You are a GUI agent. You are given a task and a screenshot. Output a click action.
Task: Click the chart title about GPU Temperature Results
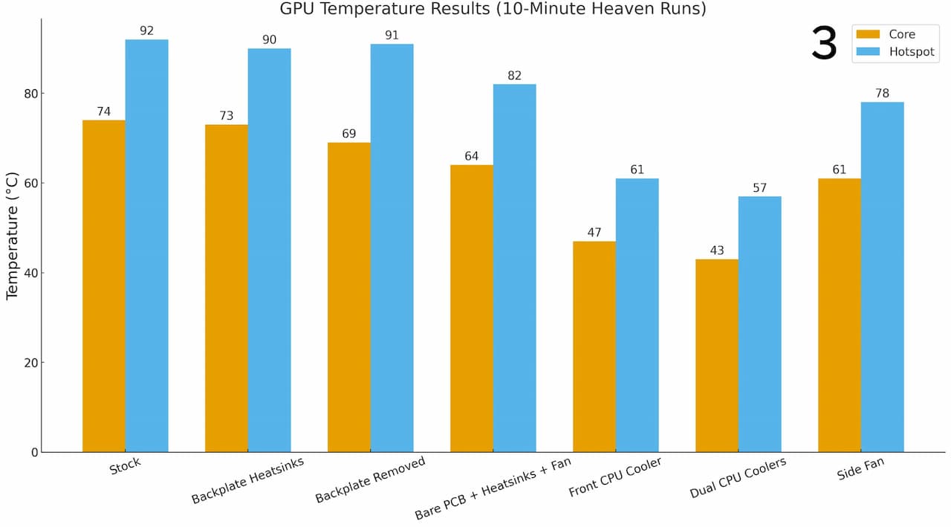click(493, 9)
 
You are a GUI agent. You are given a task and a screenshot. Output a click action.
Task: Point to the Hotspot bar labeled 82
click(514, 268)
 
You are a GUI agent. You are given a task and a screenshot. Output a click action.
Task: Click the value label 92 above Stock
click(146, 31)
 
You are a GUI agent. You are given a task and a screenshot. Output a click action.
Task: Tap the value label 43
click(717, 250)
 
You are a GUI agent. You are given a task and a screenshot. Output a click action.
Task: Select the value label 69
click(349, 134)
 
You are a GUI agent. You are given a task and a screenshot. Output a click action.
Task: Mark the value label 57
click(759, 188)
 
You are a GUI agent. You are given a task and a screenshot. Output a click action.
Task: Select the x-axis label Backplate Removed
click(370, 479)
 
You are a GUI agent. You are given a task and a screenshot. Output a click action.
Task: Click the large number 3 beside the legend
click(824, 43)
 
